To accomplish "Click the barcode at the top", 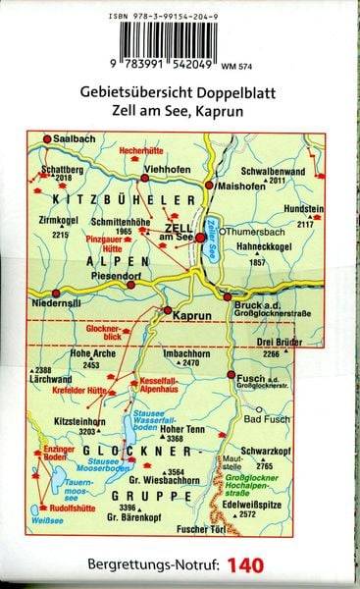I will click(x=176, y=40).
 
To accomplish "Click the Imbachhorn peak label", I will click(x=187, y=351).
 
